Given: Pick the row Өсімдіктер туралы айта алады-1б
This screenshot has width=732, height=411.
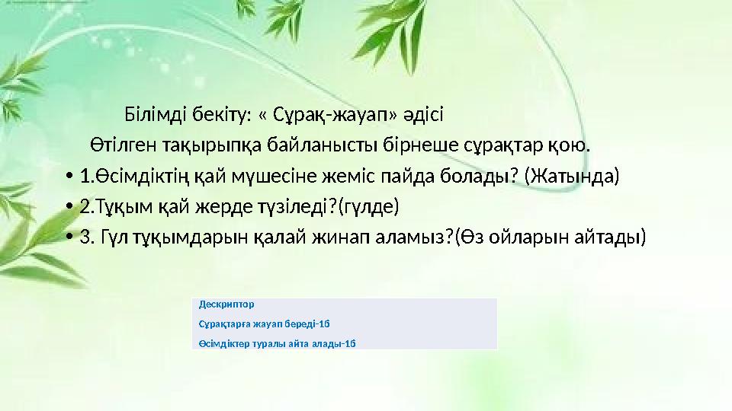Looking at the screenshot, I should (277, 342).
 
